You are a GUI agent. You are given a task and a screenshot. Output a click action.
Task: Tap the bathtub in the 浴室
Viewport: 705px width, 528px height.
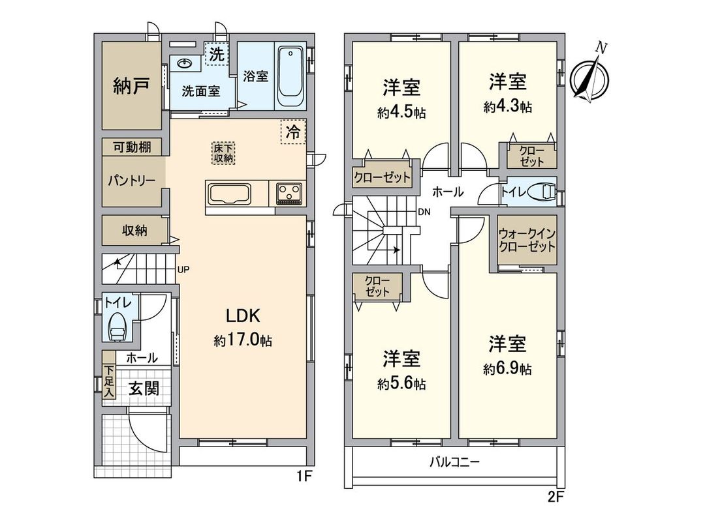pyautogui.click(x=289, y=77)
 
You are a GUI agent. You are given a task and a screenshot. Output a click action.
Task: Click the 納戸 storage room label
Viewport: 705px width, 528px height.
pyautogui.click(x=130, y=85)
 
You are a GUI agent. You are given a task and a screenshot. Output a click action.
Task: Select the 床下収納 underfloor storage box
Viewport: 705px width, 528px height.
pyautogui.click(x=223, y=153)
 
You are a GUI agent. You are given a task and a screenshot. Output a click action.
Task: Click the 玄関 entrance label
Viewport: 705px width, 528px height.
pyautogui.click(x=143, y=389)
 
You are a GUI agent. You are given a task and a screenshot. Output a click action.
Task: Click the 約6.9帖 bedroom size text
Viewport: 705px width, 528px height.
pyautogui.click(x=507, y=369)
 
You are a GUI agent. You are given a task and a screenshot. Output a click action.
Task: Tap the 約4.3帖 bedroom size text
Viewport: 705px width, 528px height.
pyautogui.click(x=507, y=107)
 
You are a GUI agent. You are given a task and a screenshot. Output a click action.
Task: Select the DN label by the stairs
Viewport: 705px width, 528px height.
pyautogui.click(x=424, y=212)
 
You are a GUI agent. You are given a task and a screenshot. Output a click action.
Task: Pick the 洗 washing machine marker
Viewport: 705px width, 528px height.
pyautogui.click(x=216, y=55)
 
